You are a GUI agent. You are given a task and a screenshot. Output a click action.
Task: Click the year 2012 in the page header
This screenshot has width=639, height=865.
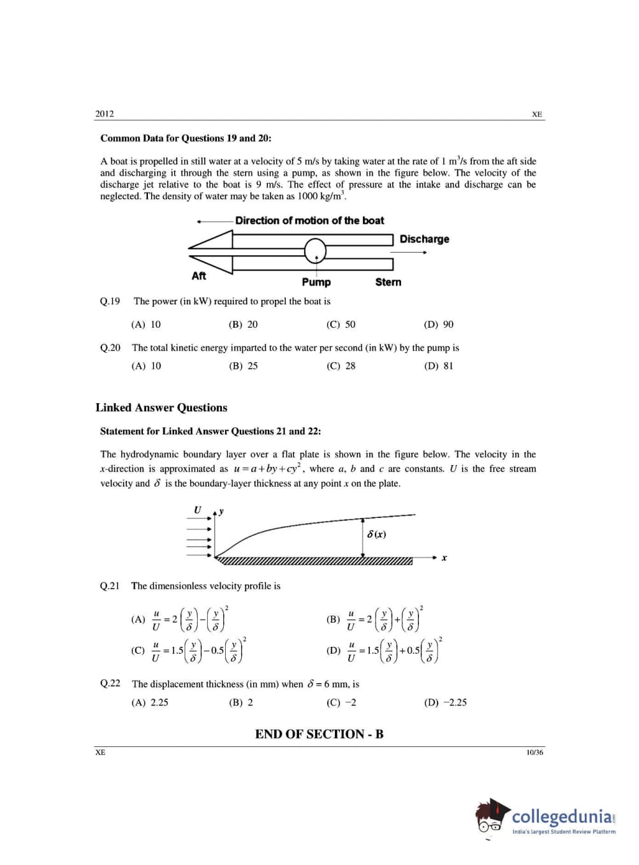pyautogui.click(x=105, y=114)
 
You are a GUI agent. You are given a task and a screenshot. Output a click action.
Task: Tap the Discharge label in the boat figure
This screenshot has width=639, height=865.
pyautogui.click(x=424, y=239)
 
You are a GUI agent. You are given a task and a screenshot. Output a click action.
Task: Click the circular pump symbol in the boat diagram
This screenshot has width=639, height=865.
pyautogui.click(x=315, y=251)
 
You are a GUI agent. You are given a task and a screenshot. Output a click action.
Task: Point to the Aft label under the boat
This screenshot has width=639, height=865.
pyautogui.click(x=199, y=276)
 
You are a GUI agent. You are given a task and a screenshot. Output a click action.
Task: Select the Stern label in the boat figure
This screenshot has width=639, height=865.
pyautogui.click(x=388, y=282)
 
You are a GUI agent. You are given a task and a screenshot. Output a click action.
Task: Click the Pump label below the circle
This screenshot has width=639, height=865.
pyautogui.click(x=316, y=282)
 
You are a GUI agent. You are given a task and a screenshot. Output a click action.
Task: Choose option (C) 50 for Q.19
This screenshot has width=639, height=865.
pyautogui.click(x=341, y=325)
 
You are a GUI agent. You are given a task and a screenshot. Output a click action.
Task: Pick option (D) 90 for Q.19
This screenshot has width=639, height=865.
pyautogui.click(x=439, y=325)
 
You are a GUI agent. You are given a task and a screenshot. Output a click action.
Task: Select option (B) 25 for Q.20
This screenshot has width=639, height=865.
pyautogui.click(x=244, y=366)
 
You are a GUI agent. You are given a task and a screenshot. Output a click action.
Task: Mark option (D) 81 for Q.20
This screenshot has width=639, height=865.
pyautogui.click(x=439, y=366)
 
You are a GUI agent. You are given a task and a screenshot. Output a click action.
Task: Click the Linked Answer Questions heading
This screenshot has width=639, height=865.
pyautogui.click(x=161, y=408)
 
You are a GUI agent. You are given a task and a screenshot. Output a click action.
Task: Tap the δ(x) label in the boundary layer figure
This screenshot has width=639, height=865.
pyautogui.click(x=376, y=534)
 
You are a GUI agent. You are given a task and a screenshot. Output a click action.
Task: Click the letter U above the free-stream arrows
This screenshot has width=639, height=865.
pyautogui.click(x=197, y=510)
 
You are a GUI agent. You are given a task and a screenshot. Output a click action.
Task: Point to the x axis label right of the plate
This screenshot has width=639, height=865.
pyautogui.click(x=444, y=558)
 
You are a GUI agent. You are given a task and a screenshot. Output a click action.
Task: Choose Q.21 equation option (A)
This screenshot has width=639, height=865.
pyautogui.click(x=180, y=619)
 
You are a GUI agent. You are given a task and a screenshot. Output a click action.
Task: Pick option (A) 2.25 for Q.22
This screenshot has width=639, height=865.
pyautogui.click(x=150, y=702)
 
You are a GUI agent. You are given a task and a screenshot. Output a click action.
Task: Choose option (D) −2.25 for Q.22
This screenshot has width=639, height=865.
pyautogui.click(x=445, y=702)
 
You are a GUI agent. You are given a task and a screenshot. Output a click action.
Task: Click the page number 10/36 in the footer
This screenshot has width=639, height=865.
pyautogui.click(x=534, y=753)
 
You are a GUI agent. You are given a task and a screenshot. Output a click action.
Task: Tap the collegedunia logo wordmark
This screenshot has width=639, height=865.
pyautogui.click(x=562, y=817)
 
